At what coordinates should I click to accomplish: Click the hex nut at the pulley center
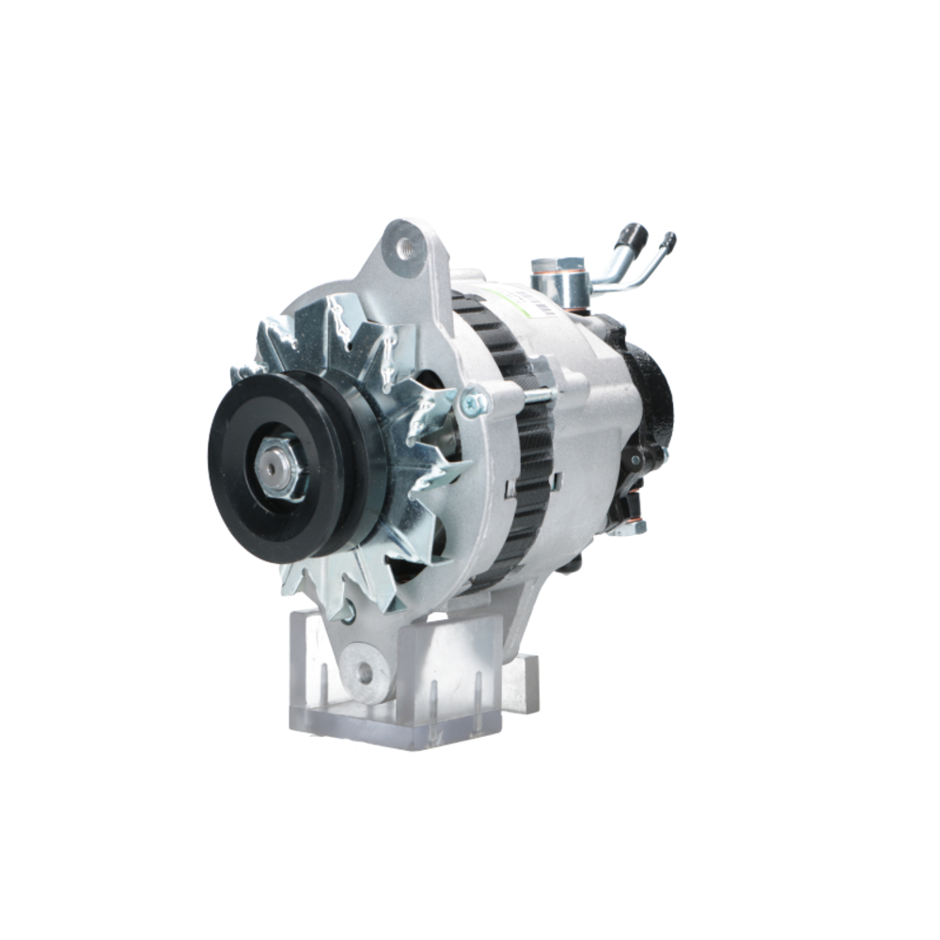click(x=279, y=467)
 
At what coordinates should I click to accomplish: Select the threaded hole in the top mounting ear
click(x=406, y=247)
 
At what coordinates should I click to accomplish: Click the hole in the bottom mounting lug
click(x=363, y=673)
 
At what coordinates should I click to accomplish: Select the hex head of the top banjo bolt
click(x=545, y=266)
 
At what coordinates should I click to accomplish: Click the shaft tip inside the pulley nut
click(x=276, y=467)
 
